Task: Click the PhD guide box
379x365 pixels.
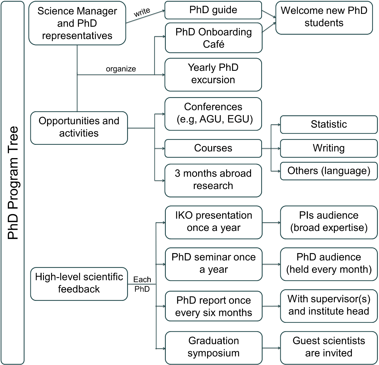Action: click(213, 10)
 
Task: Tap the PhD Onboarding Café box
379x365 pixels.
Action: click(213, 38)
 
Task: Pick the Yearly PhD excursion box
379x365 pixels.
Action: click(213, 74)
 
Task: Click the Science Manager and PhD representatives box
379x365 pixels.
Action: click(77, 23)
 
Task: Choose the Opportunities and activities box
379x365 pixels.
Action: click(79, 127)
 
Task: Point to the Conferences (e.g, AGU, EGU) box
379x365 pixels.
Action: click(213, 113)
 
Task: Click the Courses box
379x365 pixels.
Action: click(213, 148)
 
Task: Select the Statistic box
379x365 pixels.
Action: click(329, 124)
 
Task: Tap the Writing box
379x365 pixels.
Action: click(329, 148)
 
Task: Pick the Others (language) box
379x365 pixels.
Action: click(329, 171)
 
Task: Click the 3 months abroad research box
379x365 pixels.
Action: click(213, 180)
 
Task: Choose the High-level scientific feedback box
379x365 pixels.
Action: click(79, 283)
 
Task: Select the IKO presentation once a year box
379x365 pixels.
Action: click(213, 222)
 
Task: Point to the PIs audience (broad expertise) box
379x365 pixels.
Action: click(329, 222)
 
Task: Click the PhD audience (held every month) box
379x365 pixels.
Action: click(329, 263)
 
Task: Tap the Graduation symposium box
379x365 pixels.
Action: click(213, 347)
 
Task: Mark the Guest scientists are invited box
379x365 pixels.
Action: click(329, 347)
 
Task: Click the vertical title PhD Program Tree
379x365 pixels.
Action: click(13, 183)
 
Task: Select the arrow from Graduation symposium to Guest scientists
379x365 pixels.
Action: click(271, 348)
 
